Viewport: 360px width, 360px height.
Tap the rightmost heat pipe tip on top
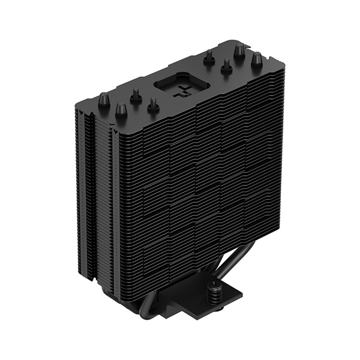[x=256, y=59]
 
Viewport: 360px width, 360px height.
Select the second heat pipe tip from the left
[x=121, y=109]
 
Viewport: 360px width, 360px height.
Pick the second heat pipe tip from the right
[x=239, y=49]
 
